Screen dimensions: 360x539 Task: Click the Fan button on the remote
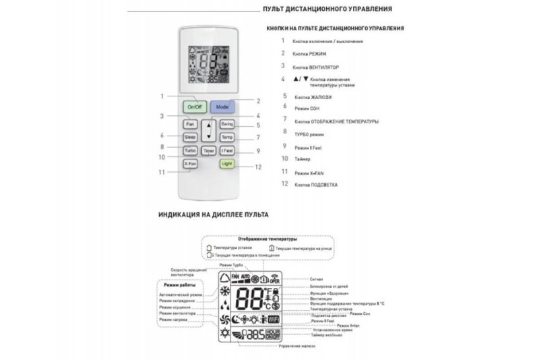click(x=190, y=124)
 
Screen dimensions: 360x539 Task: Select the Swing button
click(x=226, y=124)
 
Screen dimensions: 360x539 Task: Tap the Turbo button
click(x=190, y=150)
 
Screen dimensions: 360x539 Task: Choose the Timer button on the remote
click(x=208, y=150)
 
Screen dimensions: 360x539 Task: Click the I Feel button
click(x=227, y=150)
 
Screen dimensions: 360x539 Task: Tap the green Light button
click(x=226, y=164)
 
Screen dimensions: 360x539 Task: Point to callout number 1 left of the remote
click(x=162, y=96)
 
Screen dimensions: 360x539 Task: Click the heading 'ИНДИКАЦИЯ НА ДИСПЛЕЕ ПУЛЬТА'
click(x=214, y=214)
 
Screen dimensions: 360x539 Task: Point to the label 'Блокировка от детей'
click(x=329, y=287)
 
